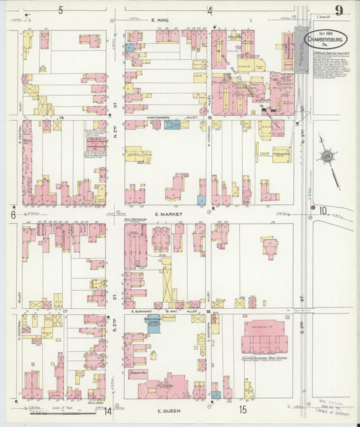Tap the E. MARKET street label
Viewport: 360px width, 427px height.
tap(165, 214)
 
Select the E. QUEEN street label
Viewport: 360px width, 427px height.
tap(167, 409)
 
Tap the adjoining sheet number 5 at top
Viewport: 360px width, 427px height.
tap(60, 9)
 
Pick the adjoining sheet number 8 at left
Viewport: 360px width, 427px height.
tap(13, 215)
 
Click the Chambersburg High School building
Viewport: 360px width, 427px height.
tap(264, 336)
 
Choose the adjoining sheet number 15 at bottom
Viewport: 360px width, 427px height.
tap(242, 409)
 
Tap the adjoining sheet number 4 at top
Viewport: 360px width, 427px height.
tap(209, 10)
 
